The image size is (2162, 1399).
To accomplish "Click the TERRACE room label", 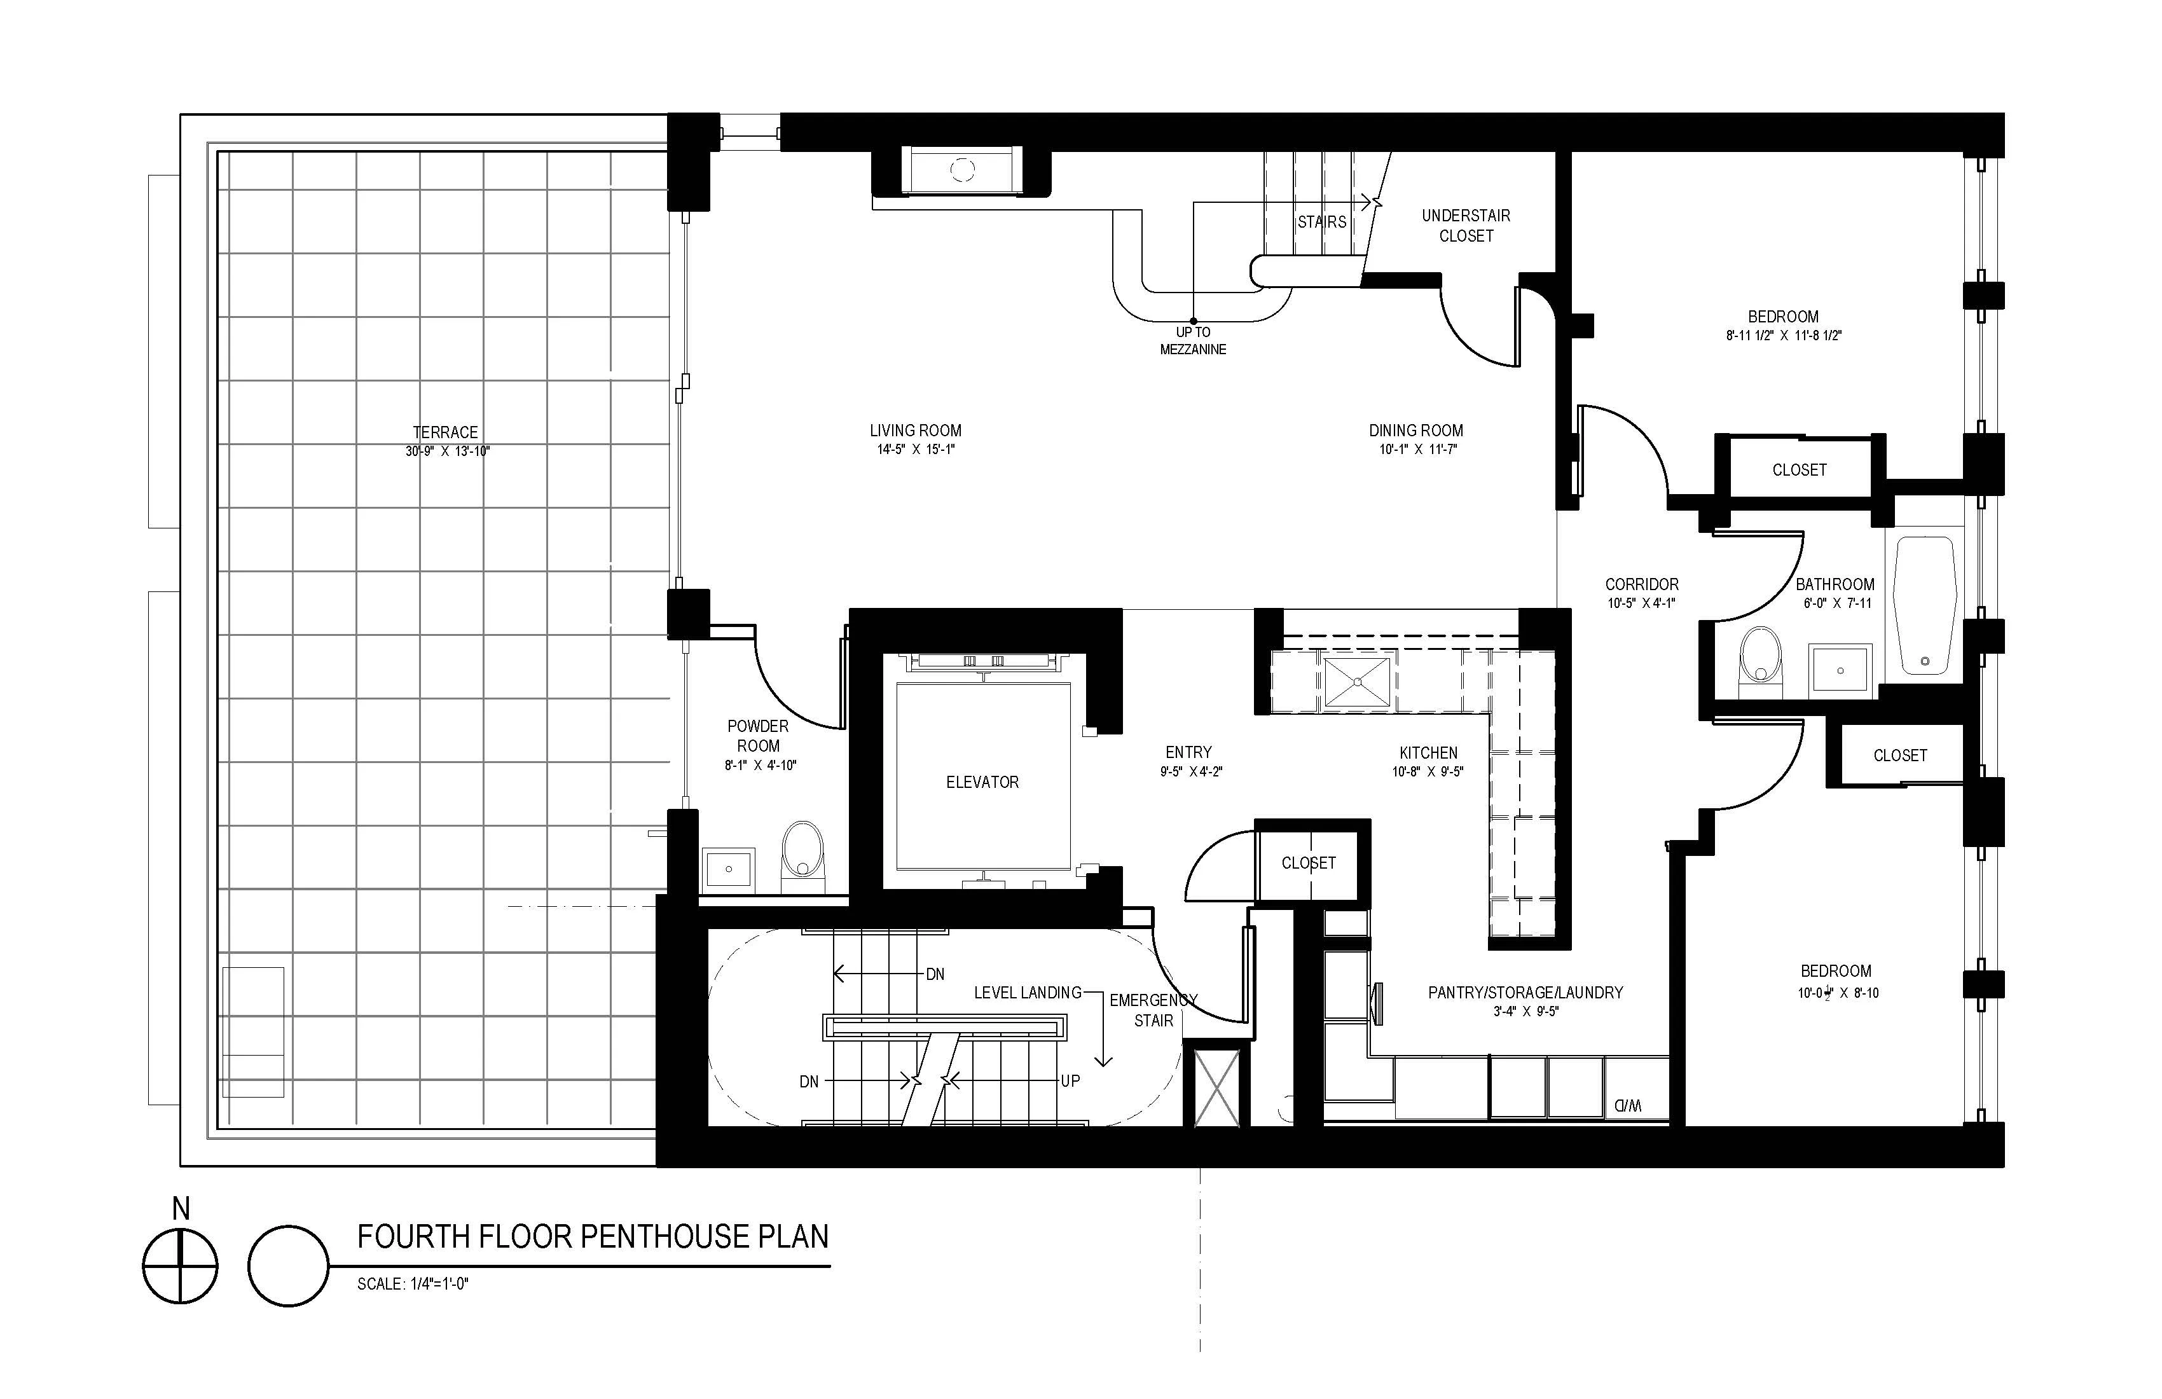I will pyautogui.click(x=445, y=432).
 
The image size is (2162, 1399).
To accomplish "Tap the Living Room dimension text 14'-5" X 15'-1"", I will pyautogui.click(x=915, y=450).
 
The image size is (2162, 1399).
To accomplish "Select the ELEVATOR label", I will pyautogui.click(x=982, y=782).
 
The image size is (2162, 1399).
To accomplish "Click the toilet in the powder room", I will pyautogui.click(x=803, y=850).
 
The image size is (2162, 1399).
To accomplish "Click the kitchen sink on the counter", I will pyautogui.click(x=1356, y=682).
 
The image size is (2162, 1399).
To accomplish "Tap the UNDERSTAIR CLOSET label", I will pyautogui.click(x=1465, y=225).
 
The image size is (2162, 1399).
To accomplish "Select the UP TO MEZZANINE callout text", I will pyautogui.click(x=1193, y=341).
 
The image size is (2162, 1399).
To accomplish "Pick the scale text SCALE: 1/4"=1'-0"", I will pyautogui.click(x=413, y=1284).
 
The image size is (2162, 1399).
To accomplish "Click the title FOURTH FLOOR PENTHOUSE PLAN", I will pyautogui.click(x=592, y=1237).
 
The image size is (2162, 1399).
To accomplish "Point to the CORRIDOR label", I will pyautogui.click(x=1641, y=584).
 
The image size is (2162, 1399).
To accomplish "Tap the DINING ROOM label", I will pyautogui.click(x=1415, y=431).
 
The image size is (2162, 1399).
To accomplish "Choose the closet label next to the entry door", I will pyautogui.click(x=1308, y=863).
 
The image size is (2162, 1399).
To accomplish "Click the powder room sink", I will pyautogui.click(x=729, y=869).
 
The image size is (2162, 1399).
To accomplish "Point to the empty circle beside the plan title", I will pyautogui.click(x=288, y=1266).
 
